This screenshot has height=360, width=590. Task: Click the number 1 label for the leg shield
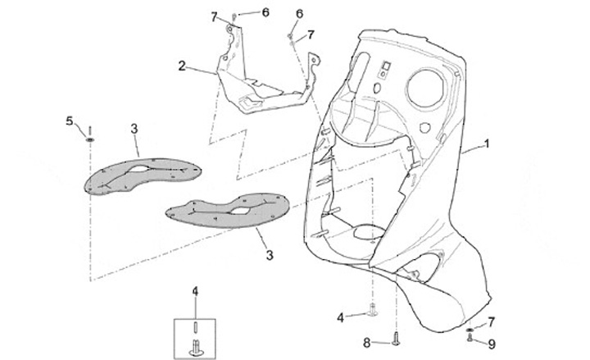(x=487, y=144)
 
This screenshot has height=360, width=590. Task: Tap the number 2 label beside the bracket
(x=181, y=66)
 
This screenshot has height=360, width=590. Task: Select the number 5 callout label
(x=70, y=121)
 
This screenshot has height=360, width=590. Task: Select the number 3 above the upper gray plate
(x=134, y=129)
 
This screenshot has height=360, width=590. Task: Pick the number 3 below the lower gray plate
(x=269, y=256)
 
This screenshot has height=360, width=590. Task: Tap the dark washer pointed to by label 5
(x=89, y=140)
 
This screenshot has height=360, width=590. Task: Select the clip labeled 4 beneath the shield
(x=374, y=310)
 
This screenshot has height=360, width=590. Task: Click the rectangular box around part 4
(x=196, y=332)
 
